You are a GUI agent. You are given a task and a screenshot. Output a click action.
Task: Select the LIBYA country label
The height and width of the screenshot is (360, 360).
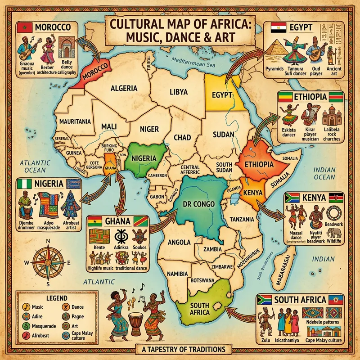click(x=175, y=93)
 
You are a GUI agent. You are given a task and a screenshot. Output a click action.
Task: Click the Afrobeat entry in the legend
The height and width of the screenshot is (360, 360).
click(x=37, y=335)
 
